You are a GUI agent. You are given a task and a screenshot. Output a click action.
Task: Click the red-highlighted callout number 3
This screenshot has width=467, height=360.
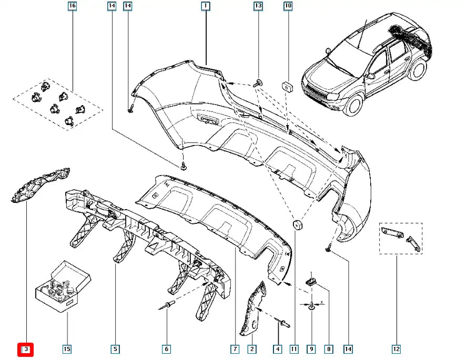point(25,349)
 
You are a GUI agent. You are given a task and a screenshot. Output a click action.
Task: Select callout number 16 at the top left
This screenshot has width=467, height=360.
point(72,6)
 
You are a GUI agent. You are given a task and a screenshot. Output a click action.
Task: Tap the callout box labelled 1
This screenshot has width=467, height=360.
point(205,6)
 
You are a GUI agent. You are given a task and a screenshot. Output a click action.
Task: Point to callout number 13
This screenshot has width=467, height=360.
point(258,6)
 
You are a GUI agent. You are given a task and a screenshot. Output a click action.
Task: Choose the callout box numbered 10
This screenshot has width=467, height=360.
point(288,6)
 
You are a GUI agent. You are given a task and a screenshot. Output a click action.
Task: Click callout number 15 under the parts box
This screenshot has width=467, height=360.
point(67,349)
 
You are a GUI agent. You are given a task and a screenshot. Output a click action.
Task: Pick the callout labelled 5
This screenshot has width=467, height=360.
point(114,349)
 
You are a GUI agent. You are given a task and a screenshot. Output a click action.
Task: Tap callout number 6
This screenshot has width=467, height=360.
point(166,349)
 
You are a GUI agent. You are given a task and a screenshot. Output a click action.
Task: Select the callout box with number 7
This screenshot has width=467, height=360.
point(235,349)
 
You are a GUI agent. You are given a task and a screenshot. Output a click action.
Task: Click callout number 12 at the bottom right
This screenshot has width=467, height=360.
point(395,349)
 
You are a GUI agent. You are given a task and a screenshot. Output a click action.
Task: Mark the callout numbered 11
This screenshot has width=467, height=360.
point(293,349)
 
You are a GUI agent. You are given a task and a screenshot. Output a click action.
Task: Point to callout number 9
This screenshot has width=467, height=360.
point(311,349)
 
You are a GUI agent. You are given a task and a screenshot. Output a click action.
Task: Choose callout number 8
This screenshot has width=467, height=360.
point(329,349)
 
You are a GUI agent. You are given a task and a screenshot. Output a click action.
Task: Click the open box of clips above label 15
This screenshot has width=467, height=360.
point(62,286)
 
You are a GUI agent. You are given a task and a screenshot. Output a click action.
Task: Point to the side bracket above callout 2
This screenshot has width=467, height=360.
point(253,308)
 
